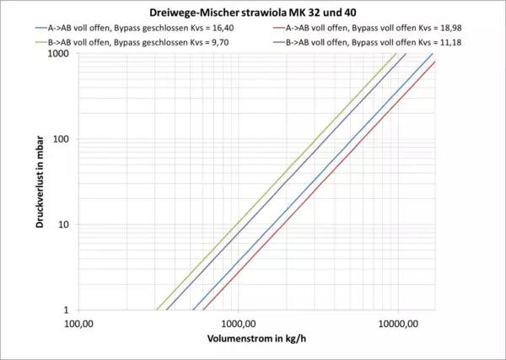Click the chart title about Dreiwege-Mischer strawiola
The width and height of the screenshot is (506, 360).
tap(253, 13)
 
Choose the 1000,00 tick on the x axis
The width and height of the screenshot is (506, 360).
tap(238, 323)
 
